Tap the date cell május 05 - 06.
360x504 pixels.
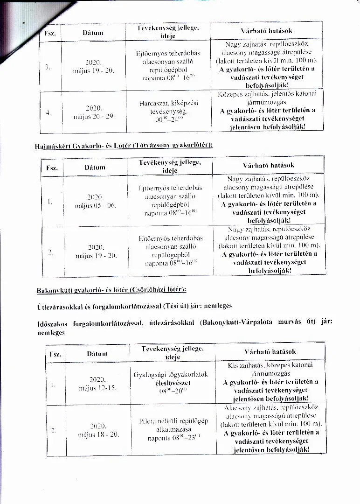tap(95, 202)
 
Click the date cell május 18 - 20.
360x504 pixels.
tap(99, 430)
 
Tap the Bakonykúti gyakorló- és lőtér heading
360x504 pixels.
tap(111, 290)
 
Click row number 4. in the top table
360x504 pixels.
tap(48, 112)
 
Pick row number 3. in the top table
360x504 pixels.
tap(48, 67)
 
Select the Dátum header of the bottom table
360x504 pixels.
tap(97, 354)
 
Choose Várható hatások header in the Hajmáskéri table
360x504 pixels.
tap(268, 165)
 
